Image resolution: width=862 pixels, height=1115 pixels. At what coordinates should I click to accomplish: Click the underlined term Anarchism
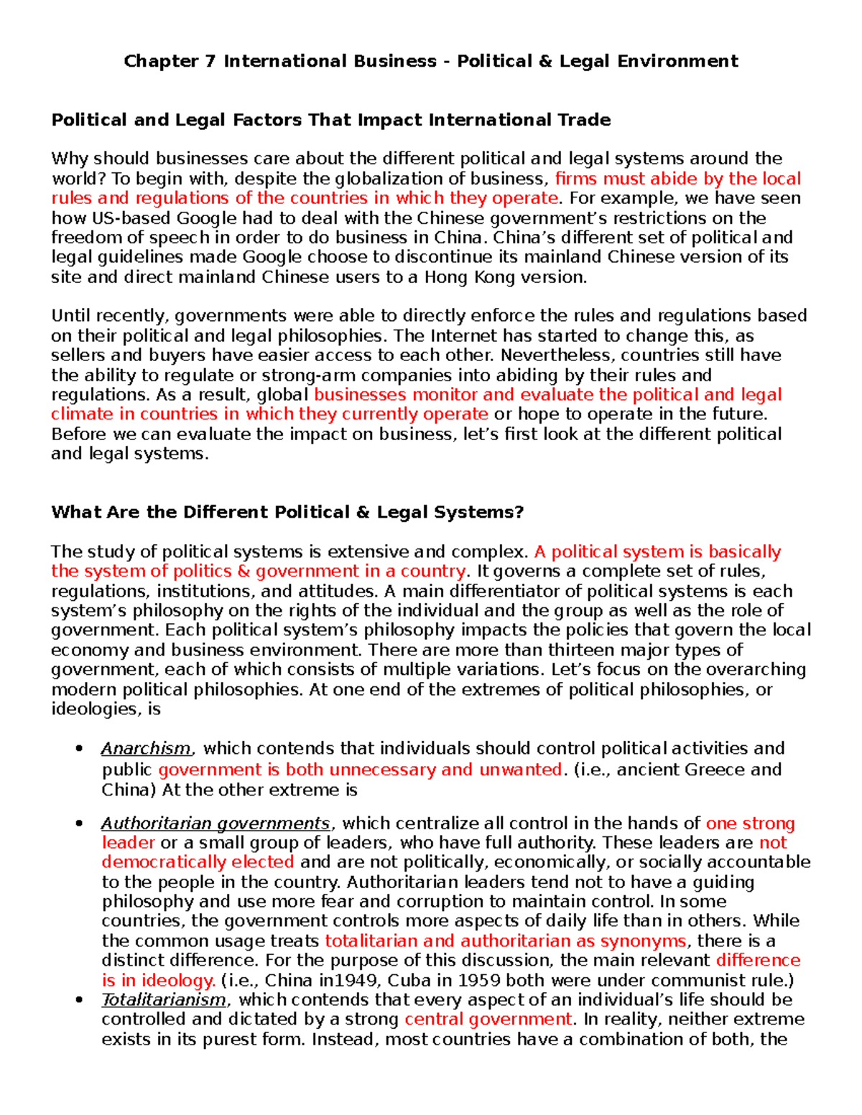point(146,749)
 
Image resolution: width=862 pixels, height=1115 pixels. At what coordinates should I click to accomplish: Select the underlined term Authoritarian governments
point(215,824)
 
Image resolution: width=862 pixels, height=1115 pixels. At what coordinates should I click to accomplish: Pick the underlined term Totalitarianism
point(164,1000)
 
